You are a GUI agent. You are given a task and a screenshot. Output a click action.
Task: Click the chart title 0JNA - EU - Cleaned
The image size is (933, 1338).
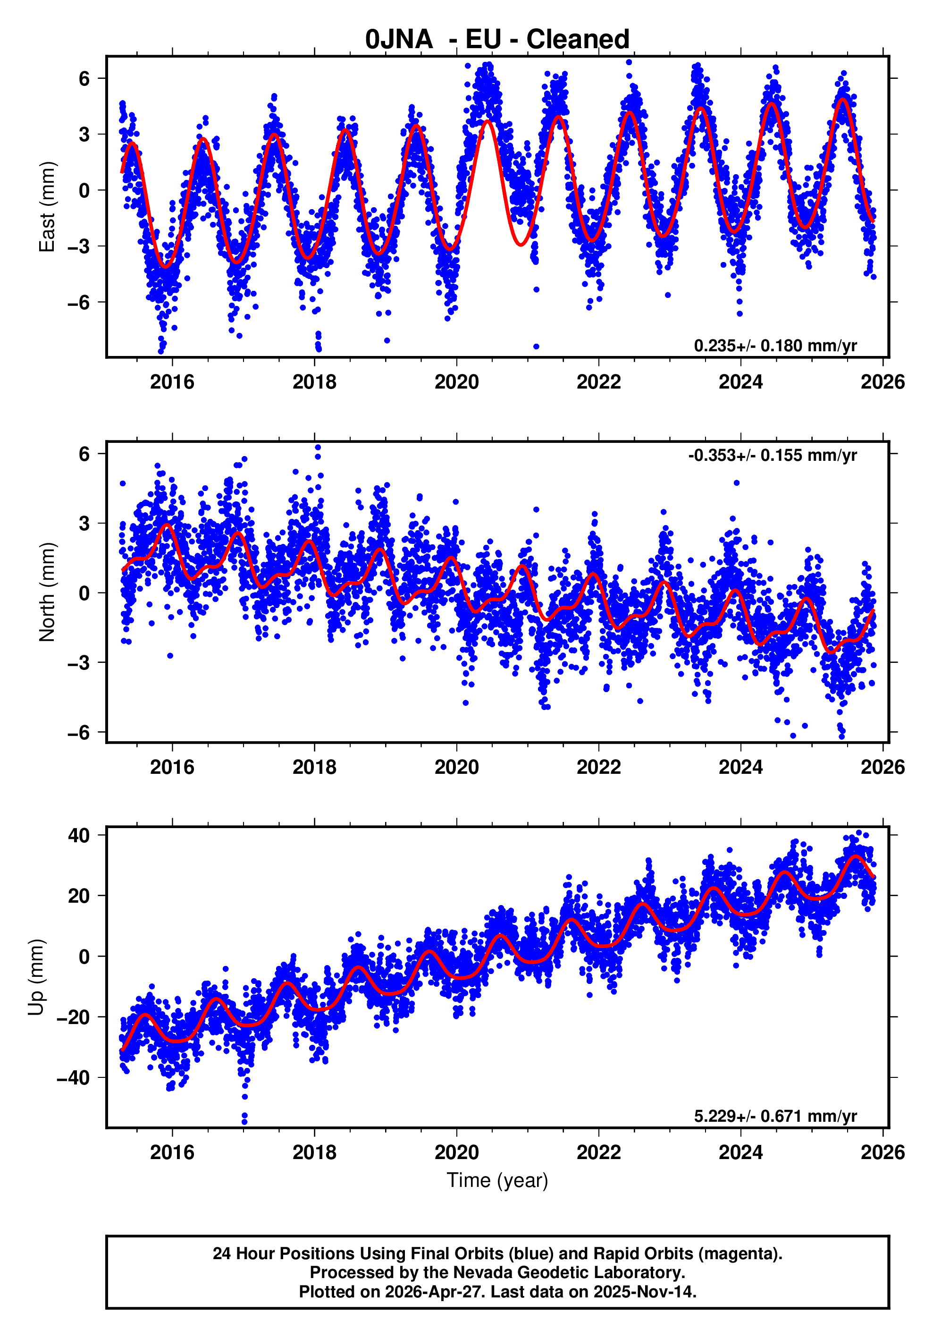coord(497,40)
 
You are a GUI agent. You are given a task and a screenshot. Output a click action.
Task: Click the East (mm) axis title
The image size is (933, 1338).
coord(47,207)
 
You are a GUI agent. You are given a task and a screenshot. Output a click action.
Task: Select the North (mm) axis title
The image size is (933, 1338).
coord(47,592)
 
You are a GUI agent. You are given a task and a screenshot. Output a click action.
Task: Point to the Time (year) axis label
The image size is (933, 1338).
coord(497,1180)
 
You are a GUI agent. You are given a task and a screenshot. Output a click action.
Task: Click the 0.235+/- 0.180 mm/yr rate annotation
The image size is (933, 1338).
coord(774,346)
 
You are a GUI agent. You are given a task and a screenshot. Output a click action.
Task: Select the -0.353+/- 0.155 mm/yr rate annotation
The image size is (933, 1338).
coord(772,455)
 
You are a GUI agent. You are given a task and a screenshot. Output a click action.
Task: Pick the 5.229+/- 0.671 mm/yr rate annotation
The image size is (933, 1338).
coord(774,1116)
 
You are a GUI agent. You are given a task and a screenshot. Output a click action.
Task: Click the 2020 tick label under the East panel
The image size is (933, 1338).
coord(457,382)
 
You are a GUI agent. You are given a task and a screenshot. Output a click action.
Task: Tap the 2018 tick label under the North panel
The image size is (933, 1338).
coord(314,767)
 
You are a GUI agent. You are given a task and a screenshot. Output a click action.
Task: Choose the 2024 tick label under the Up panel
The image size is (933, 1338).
coord(740,1152)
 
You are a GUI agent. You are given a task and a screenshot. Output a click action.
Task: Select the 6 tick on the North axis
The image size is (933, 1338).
coord(84,454)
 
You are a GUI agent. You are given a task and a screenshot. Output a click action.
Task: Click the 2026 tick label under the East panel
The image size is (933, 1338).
coord(883,382)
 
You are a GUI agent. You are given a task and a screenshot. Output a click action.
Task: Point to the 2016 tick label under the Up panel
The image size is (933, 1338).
coord(172,1152)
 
